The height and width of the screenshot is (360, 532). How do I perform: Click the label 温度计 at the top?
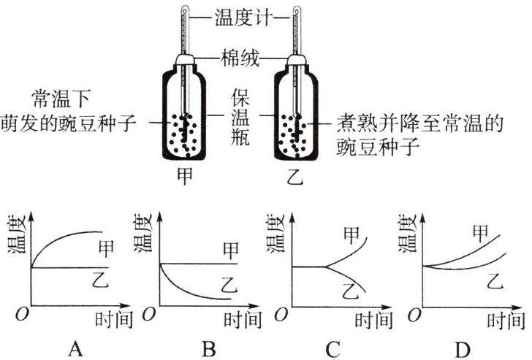click(x=243, y=17)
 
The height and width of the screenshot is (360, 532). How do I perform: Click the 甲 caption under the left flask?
click(x=185, y=175)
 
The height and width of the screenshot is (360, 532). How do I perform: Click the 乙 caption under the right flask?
click(x=294, y=176)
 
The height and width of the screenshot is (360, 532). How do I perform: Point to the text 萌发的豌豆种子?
click(x=69, y=123)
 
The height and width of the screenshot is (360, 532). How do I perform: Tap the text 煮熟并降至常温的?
click(x=419, y=123)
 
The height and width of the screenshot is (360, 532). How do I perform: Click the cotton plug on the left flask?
click(x=185, y=60)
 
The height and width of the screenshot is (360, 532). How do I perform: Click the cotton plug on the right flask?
click(x=297, y=60)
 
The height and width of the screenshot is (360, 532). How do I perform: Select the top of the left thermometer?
click(x=185, y=8)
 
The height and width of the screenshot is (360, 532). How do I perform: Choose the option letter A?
click(x=75, y=349)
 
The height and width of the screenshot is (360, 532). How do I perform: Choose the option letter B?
click(x=209, y=349)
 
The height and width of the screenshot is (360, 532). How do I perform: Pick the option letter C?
click(x=332, y=349)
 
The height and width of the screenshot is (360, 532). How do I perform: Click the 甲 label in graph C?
click(x=351, y=235)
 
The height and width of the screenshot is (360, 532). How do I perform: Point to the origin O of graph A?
click(x=22, y=314)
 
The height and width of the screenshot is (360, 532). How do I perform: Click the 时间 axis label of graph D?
click(x=506, y=320)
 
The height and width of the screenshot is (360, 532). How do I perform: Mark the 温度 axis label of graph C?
click(x=274, y=234)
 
